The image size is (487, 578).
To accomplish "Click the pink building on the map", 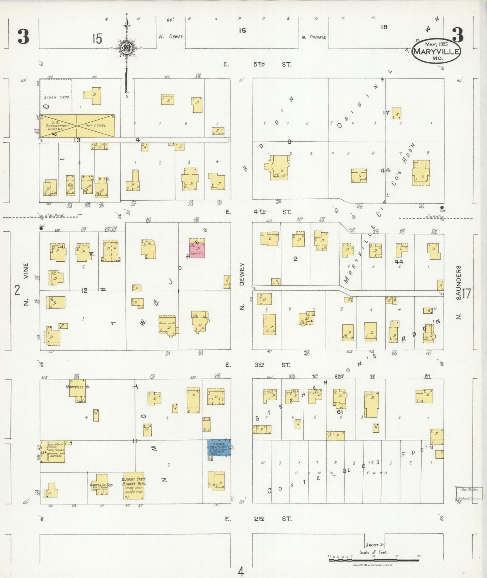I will (x=196, y=250).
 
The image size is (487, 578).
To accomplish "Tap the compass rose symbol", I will (x=126, y=48).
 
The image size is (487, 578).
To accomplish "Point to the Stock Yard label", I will (x=56, y=97).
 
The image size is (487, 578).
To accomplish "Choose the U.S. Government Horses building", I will (x=58, y=125).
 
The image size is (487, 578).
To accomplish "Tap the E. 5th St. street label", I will (x=258, y=64).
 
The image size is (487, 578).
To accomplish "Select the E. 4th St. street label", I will (x=258, y=212).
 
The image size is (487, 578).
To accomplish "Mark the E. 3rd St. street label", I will (x=258, y=365).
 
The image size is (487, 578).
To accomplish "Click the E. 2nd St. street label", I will (x=258, y=519).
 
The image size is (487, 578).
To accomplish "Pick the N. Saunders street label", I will (x=458, y=292).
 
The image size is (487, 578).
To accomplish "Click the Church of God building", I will (x=100, y=485).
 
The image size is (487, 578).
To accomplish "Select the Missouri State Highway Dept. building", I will (x=134, y=485).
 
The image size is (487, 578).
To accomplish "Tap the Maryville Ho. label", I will (x=78, y=387).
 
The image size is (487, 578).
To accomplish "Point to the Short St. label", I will (x=375, y=545).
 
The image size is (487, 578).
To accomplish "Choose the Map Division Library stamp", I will (x=469, y=494).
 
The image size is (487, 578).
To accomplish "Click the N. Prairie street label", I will (x=314, y=37).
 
